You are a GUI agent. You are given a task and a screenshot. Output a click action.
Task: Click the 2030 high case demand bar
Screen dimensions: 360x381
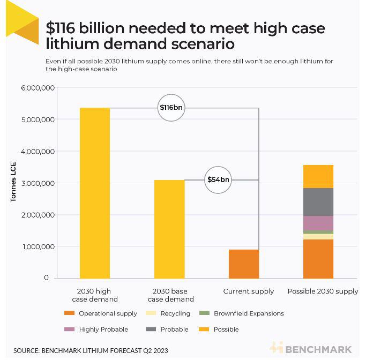[x=95, y=193]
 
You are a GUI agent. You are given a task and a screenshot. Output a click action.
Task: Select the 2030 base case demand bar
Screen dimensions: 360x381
[x=169, y=229]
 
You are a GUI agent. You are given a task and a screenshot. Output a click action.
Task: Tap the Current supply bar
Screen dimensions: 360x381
[x=244, y=264]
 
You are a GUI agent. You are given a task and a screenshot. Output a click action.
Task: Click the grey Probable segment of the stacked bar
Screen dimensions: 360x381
[x=318, y=202]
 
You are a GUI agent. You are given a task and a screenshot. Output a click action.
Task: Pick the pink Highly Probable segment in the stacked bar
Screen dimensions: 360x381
[x=318, y=223]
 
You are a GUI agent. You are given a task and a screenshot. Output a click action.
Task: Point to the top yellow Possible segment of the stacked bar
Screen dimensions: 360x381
[x=318, y=176]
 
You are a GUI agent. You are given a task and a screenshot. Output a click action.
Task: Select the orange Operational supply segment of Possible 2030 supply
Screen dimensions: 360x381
[x=318, y=259]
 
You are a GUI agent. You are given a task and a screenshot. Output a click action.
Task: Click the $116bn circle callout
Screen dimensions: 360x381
[x=171, y=108]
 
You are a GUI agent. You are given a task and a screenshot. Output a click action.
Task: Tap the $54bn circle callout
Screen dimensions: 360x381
[x=218, y=179]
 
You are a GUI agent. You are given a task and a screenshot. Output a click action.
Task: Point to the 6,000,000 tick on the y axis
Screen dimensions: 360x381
[x=38, y=88]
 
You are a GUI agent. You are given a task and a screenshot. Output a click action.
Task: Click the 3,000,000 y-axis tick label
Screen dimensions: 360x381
[x=38, y=183]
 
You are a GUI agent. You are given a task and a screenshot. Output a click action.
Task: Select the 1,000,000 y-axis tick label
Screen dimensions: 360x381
[x=38, y=247]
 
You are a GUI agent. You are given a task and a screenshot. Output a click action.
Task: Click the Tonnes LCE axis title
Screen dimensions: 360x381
[x=13, y=182]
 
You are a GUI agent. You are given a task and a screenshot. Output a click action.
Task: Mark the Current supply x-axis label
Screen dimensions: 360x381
[x=248, y=291]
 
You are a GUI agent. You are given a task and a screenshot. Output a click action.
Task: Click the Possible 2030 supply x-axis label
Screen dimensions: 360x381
[x=323, y=291]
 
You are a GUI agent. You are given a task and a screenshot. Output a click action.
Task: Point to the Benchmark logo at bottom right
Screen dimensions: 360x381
[x=311, y=349]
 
